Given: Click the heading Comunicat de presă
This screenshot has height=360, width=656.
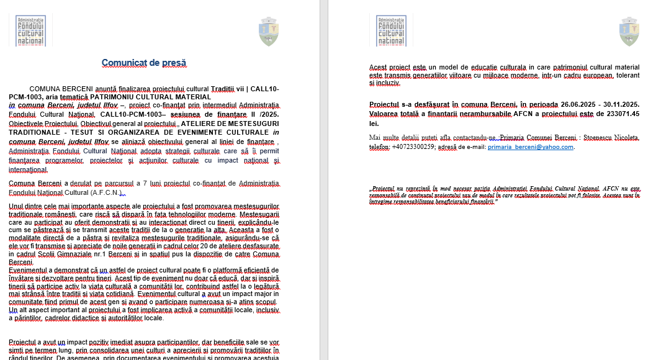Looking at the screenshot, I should pyautogui.click(x=144, y=63).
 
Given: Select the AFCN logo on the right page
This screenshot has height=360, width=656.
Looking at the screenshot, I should pyautogui.click(x=391, y=31).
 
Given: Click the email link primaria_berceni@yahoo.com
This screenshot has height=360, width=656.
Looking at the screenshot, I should pyautogui.click(x=531, y=147).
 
